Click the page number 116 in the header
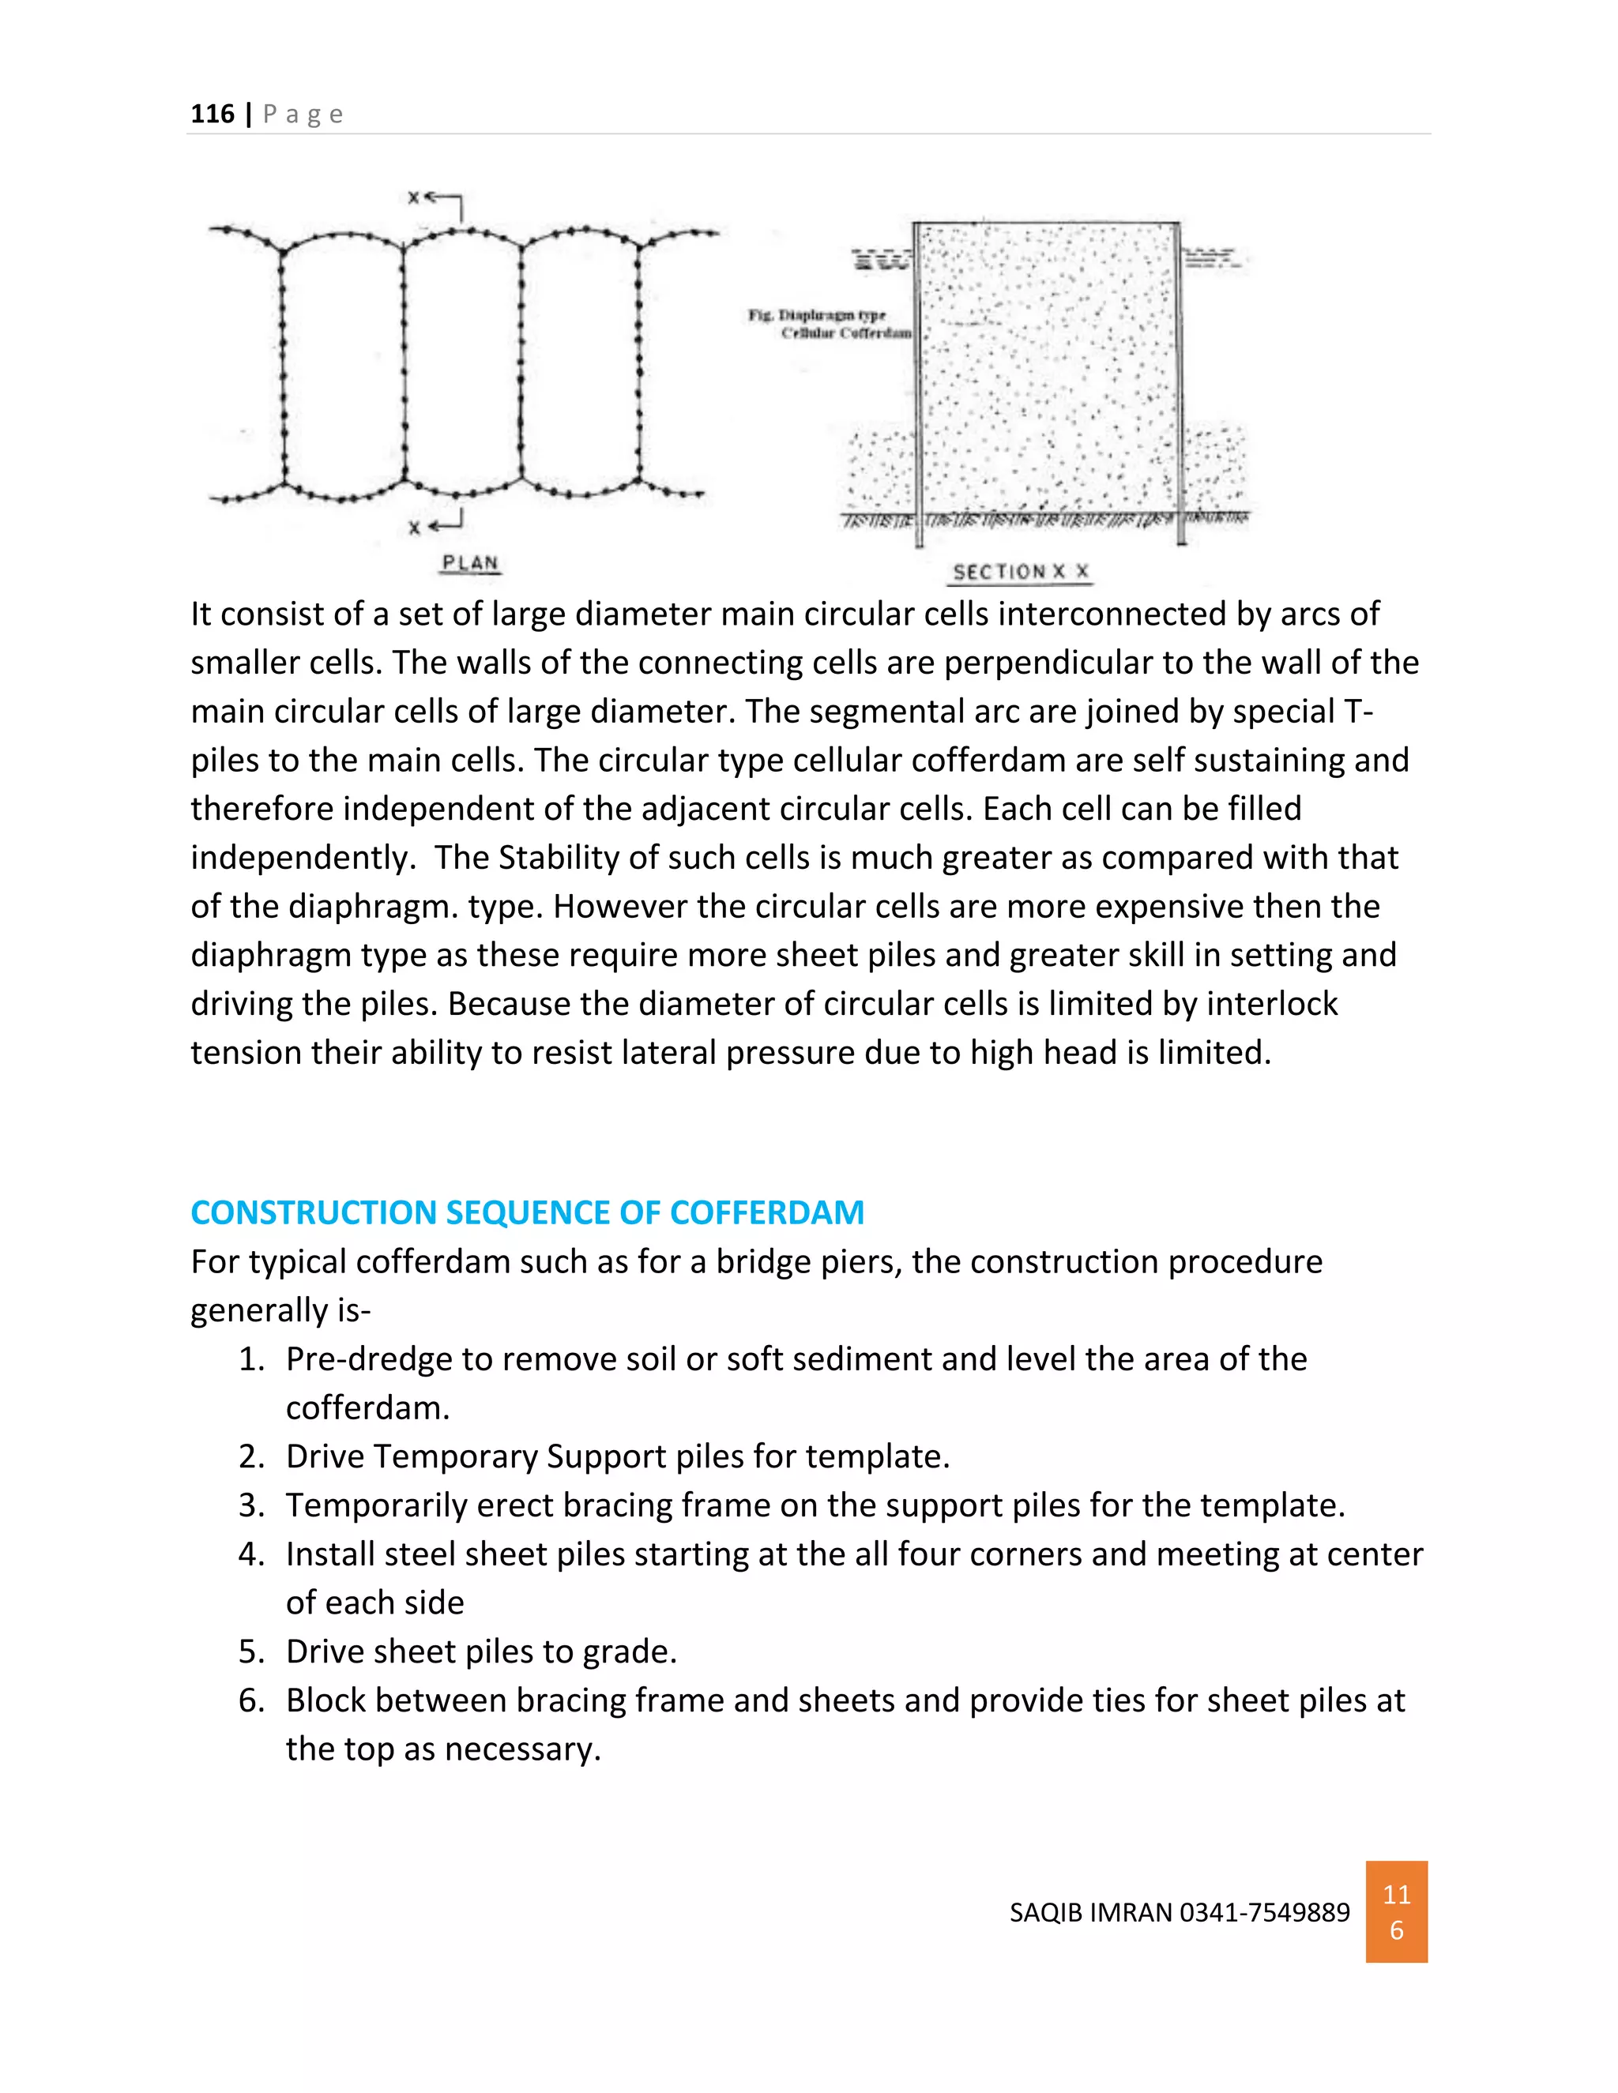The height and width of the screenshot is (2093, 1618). pyautogui.click(x=212, y=114)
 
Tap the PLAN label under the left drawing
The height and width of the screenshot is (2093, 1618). pyautogui.click(x=470, y=562)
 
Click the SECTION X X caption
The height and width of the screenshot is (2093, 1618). pyautogui.click(x=1021, y=572)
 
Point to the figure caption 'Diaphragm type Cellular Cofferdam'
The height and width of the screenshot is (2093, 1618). pyautogui.click(x=831, y=324)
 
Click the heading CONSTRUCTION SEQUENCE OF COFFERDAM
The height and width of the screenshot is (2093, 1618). pyautogui.click(x=527, y=1212)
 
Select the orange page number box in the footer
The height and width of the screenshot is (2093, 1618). pyautogui.click(x=1396, y=1912)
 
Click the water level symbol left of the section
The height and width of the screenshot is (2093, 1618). pyautogui.click(x=881, y=259)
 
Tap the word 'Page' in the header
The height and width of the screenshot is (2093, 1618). pyautogui.click(x=303, y=114)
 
